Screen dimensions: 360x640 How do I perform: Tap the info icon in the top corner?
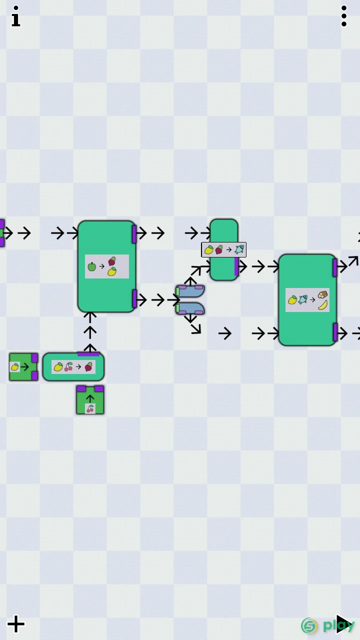point(15,16)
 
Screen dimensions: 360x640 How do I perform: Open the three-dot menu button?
point(344,16)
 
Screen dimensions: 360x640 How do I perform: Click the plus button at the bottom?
point(16,624)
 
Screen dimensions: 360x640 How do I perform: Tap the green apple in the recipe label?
point(91,266)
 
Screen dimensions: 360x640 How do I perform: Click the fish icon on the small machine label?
point(239,249)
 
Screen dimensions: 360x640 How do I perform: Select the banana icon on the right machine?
point(322,305)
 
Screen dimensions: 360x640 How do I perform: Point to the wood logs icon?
point(322,294)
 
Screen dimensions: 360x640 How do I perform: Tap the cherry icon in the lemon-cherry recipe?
point(68,367)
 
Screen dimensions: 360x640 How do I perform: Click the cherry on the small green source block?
point(90,409)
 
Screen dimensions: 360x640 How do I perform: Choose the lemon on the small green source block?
point(15,367)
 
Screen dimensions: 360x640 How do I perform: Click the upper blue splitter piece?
point(190,291)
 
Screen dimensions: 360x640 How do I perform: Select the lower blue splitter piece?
point(190,308)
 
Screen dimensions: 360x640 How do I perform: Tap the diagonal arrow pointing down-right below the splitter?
point(196,328)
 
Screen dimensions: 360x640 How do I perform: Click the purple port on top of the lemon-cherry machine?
point(88,354)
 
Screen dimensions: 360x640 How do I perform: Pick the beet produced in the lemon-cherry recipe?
point(88,367)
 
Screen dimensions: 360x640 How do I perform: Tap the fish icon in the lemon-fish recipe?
point(302,299)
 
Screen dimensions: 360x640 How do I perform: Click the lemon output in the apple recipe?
point(111,271)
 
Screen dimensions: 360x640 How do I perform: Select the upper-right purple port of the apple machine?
point(134,234)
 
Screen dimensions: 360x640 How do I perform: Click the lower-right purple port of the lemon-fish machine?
point(335,332)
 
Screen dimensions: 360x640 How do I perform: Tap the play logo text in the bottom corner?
point(338,625)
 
